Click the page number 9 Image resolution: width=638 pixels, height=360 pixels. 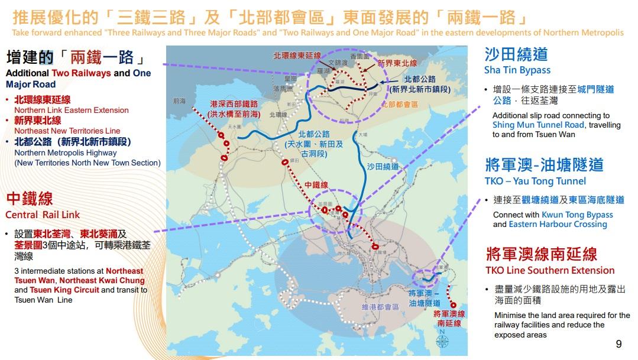click(x=618, y=344)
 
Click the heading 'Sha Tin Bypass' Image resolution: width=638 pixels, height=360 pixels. click(x=517, y=70)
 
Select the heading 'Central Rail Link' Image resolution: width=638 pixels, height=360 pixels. click(x=43, y=215)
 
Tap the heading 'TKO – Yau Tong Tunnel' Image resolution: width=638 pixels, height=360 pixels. click(x=535, y=181)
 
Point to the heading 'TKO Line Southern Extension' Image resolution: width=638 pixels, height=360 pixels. click(x=550, y=270)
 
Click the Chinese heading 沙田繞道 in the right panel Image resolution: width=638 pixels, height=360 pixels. click(x=516, y=54)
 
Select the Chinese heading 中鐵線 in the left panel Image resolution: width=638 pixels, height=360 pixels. click(x=30, y=198)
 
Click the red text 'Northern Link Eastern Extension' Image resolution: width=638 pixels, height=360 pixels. click(x=72, y=110)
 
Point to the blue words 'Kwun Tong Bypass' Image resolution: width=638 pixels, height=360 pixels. click(x=577, y=215)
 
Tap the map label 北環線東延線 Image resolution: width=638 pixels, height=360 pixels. click(x=297, y=56)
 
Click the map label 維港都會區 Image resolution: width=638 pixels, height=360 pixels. click(x=381, y=307)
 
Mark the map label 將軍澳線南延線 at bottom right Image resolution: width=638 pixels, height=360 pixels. click(x=449, y=319)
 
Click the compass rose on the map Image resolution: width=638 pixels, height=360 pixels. click(x=443, y=342)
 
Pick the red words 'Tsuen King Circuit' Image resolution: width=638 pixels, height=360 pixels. click(x=64, y=290)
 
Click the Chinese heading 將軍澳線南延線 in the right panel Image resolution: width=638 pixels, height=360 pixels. click(x=541, y=254)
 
